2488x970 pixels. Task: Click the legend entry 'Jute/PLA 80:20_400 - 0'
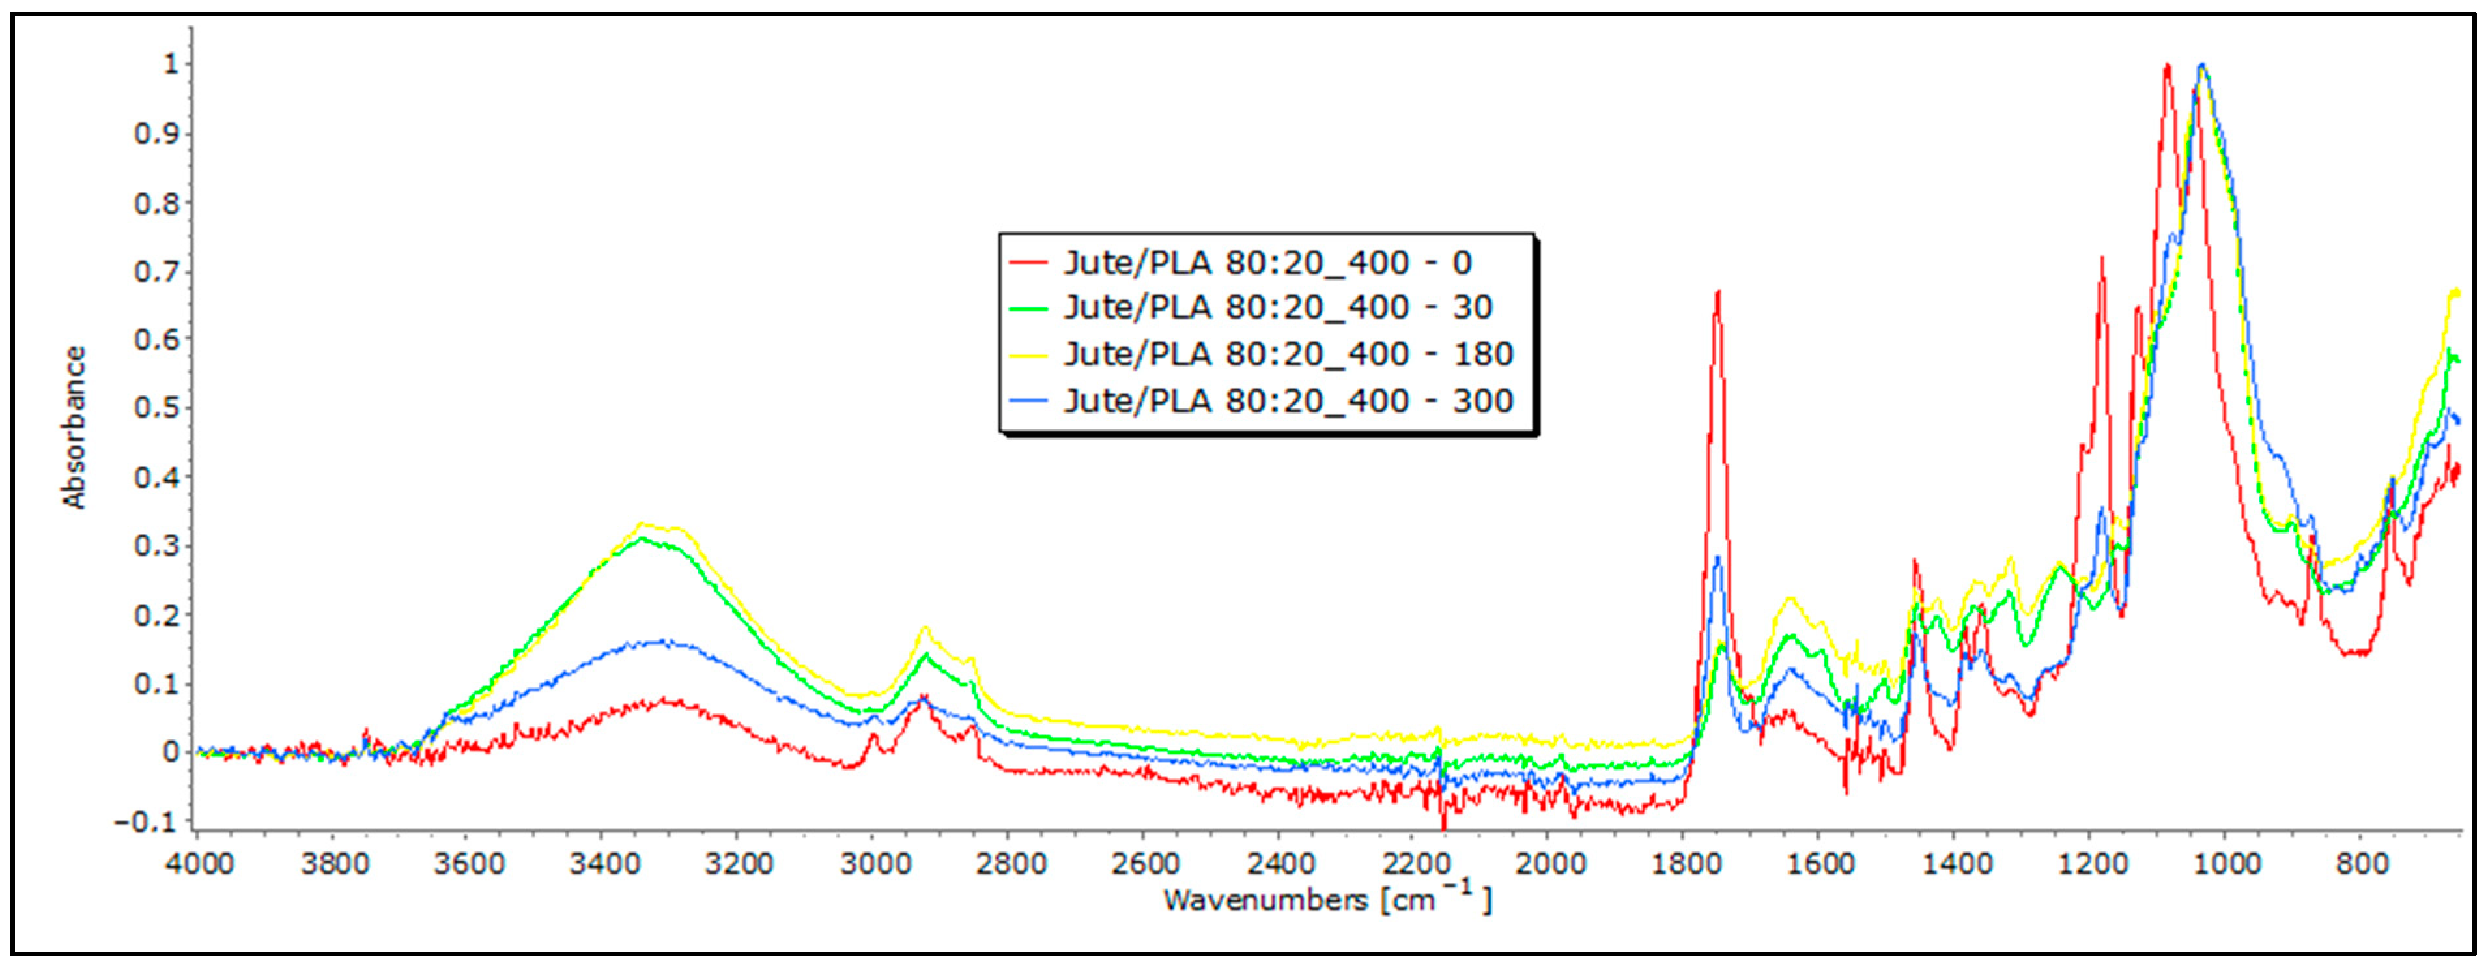pyautogui.click(x=1267, y=263)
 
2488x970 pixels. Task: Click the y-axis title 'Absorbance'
pyautogui.click(x=74, y=427)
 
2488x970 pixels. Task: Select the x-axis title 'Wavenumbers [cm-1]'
pyautogui.click(x=1327, y=900)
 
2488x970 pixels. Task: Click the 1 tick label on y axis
pyautogui.click(x=171, y=64)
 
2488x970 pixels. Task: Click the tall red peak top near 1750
pyautogui.click(x=1718, y=292)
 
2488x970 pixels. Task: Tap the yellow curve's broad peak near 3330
pyautogui.click(x=640, y=524)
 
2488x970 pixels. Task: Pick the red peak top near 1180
pyautogui.click(x=2102, y=258)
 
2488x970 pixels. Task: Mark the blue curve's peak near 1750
pyautogui.click(x=1718, y=558)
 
